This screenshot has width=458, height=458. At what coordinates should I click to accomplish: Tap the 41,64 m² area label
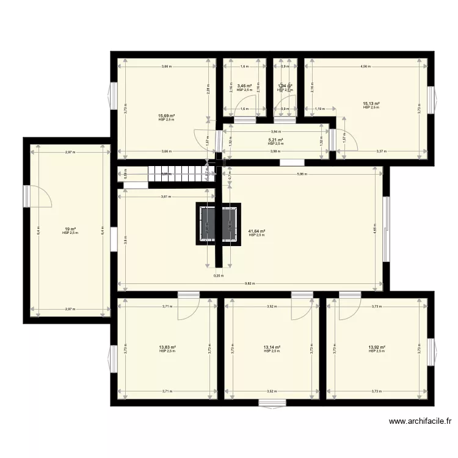point(256,231)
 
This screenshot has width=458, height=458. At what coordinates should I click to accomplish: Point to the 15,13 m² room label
point(371,104)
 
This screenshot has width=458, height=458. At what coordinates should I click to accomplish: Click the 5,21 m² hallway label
point(275,140)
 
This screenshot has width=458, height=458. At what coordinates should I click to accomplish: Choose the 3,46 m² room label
point(244,87)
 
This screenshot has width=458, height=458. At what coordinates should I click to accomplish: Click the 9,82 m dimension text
point(249,283)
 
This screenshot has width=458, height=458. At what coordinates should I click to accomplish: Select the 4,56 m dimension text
point(365,66)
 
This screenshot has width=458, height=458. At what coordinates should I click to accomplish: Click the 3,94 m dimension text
point(276,131)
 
